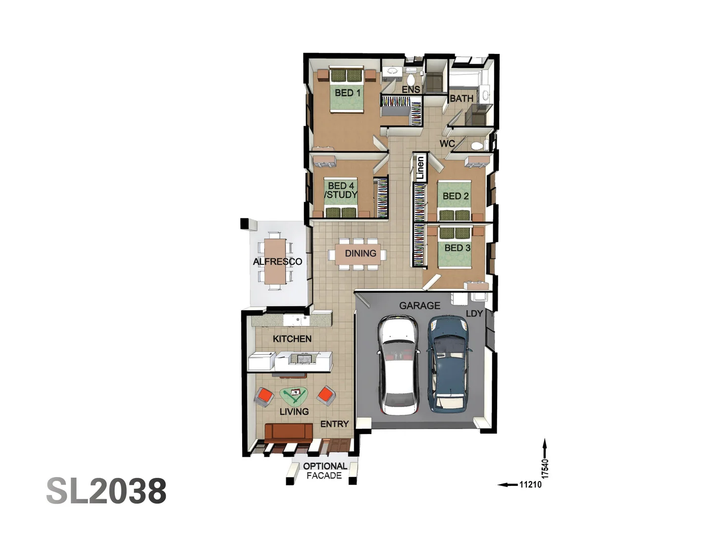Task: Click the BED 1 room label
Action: tap(348, 93)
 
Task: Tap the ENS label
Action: tap(411, 90)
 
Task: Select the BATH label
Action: tap(461, 99)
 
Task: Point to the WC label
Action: tap(447, 144)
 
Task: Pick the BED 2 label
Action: tap(456, 196)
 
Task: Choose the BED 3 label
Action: tap(457, 248)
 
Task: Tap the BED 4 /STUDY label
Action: tap(341, 191)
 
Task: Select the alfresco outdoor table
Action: tap(275, 261)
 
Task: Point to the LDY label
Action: tap(474, 314)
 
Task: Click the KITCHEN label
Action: tap(292, 339)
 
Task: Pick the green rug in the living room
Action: tap(294, 396)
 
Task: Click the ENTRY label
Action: tap(334, 424)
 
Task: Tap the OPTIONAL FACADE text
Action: tap(324, 471)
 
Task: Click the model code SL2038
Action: tap(106, 491)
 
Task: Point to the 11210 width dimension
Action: tap(530, 484)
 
